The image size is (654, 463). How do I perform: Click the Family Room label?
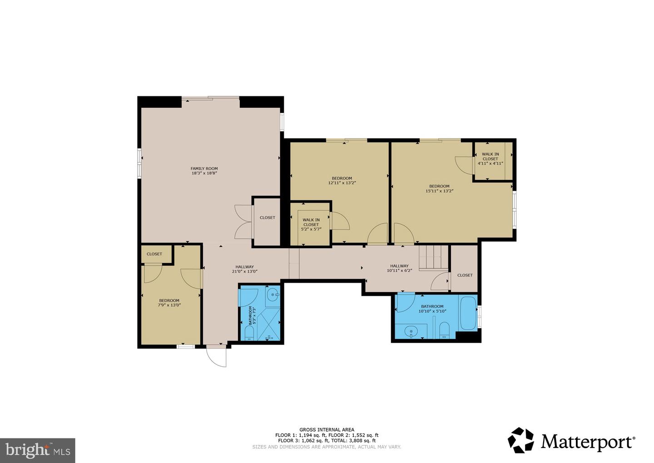pyautogui.click(x=204, y=169)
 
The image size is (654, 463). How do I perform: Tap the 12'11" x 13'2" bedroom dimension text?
pyautogui.click(x=342, y=183)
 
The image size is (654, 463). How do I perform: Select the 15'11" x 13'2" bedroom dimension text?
pyautogui.click(x=439, y=191)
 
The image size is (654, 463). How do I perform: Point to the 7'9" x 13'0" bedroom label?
pyautogui.click(x=169, y=303)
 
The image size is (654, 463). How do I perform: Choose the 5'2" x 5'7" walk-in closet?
pyautogui.click(x=311, y=224)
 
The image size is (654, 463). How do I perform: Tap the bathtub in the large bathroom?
pyautogui.click(x=468, y=313)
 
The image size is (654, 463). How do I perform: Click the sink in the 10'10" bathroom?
pyautogui.click(x=411, y=331)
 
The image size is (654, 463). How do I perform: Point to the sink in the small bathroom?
pyautogui.click(x=273, y=295)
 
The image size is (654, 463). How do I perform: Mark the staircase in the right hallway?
pyautogui.click(x=430, y=258)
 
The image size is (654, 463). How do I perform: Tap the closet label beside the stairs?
pyautogui.click(x=465, y=275)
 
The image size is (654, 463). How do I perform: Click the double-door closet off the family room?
pyautogui.click(x=267, y=218)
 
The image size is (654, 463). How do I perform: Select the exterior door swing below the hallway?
pyautogui.click(x=217, y=357)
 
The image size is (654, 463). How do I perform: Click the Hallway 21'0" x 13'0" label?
pyautogui.click(x=244, y=269)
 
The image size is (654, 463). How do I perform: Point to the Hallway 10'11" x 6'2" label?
pyautogui.click(x=399, y=268)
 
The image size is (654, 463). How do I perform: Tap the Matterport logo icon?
pyautogui.click(x=521, y=440)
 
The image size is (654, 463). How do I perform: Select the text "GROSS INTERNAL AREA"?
pyautogui.click(x=327, y=429)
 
